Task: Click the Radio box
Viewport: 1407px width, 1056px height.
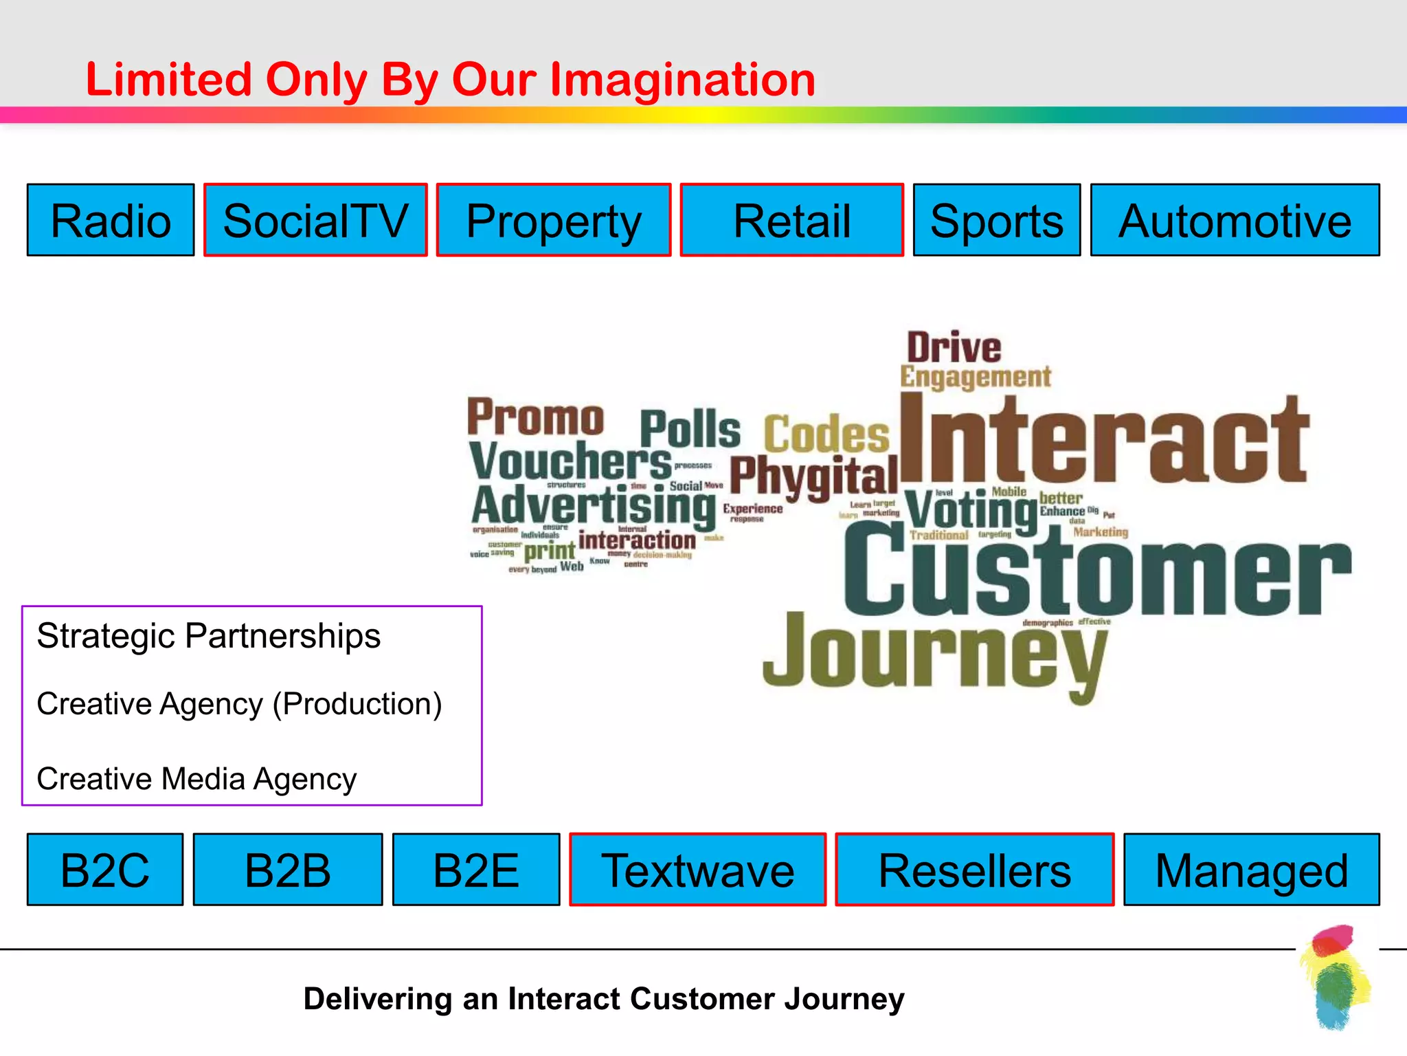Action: tap(111, 220)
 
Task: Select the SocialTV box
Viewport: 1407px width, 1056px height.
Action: tap(315, 220)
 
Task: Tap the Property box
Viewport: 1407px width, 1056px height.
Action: tap(554, 220)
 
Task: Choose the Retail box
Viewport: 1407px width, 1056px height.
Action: tap(791, 220)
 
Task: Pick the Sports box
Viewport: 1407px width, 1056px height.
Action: tap(996, 220)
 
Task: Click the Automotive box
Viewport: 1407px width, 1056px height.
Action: tap(1235, 220)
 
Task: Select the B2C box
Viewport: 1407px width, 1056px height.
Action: tap(105, 870)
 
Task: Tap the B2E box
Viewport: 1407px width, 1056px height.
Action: tap(476, 870)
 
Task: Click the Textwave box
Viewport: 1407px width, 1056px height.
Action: tap(697, 870)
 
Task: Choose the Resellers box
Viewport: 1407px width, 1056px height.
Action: tap(974, 870)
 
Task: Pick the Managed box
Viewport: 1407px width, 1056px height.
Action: tap(1251, 870)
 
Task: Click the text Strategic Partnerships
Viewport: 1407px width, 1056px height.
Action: tap(208, 635)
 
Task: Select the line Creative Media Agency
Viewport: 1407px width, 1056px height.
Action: tap(196, 779)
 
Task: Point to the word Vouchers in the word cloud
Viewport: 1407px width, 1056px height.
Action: tap(570, 461)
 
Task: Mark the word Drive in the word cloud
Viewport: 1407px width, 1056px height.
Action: tap(954, 348)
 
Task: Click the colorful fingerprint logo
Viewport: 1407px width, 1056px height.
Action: tap(1335, 976)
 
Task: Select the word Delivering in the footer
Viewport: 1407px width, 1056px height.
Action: tap(377, 999)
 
